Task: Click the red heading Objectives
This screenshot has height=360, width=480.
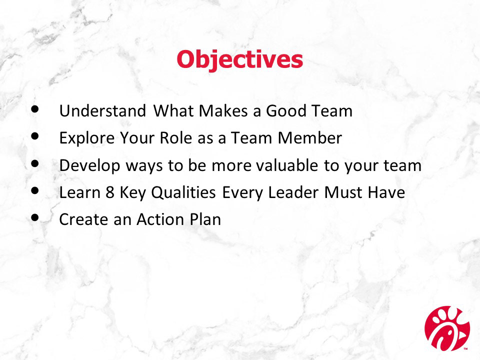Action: [239, 59]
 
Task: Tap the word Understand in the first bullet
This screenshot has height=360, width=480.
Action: [102, 111]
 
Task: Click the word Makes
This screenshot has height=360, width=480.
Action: [223, 111]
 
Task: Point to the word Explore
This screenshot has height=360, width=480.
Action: [87, 138]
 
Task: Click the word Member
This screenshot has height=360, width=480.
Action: [310, 138]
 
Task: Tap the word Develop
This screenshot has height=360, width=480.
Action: [89, 166]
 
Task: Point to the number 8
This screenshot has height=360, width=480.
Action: [110, 192]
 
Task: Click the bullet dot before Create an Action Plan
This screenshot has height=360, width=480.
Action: [35, 217]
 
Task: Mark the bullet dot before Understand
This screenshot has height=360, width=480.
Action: [35, 109]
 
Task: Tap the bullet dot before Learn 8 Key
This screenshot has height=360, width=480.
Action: [35, 190]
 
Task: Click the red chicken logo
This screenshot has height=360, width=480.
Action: [447, 328]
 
